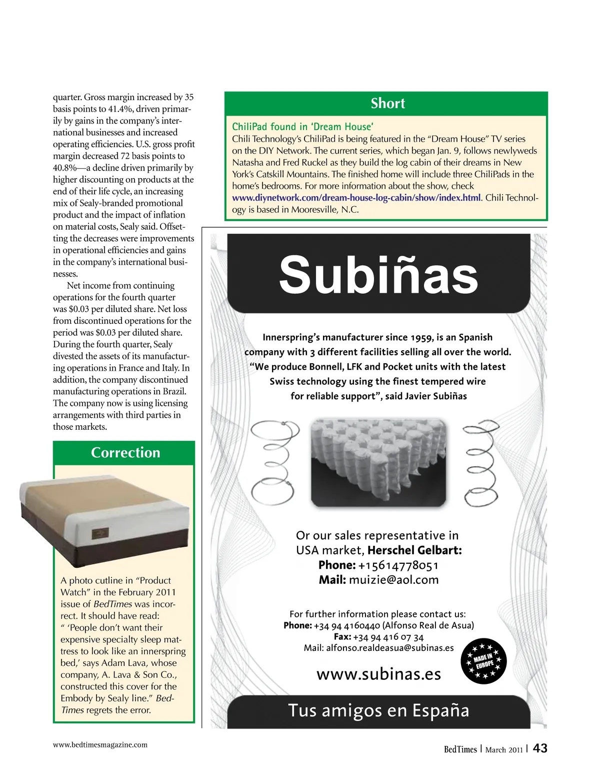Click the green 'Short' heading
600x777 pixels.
(x=387, y=104)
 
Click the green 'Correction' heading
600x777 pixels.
(x=125, y=452)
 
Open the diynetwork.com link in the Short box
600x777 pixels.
(x=356, y=198)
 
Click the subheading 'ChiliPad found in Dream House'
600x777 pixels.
(x=302, y=127)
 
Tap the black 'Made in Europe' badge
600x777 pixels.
(x=483, y=660)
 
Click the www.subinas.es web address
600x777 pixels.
(x=378, y=674)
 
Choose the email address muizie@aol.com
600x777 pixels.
(x=393, y=580)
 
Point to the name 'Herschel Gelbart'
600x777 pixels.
(x=414, y=550)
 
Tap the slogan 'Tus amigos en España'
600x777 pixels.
(x=378, y=710)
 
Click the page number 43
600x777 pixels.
(x=540, y=748)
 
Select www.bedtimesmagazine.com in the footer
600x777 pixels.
(x=100, y=744)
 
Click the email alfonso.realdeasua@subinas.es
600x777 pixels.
(x=390, y=648)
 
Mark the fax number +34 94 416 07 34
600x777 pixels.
(x=388, y=637)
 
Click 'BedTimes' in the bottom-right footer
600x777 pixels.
(x=460, y=749)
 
